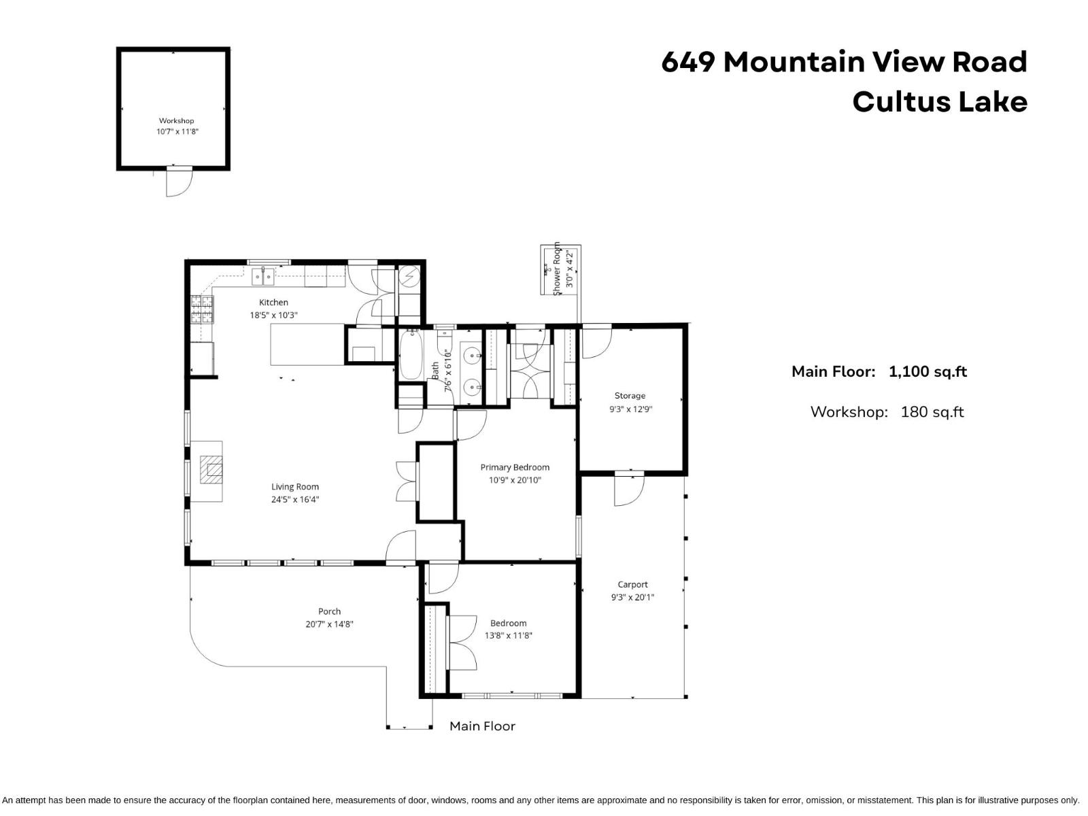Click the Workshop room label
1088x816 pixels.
click(177, 121)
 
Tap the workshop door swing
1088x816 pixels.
click(179, 183)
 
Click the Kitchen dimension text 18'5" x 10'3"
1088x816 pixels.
click(273, 316)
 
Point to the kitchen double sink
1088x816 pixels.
click(263, 277)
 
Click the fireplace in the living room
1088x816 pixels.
click(211, 470)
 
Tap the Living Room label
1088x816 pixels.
click(295, 487)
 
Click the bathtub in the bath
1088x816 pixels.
click(411, 354)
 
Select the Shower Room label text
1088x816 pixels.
click(557, 268)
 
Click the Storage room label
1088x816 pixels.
click(630, 396)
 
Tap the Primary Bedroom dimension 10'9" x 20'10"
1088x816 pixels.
click(515, 480)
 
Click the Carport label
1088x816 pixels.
click(632, 585)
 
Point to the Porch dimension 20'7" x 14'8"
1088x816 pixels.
click(329, 624)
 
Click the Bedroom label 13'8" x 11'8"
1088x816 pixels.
click(508, 630)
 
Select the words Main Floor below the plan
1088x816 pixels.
click(482, 726)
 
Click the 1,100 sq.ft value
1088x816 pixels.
click(928, 372)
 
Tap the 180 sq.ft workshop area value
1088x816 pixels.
click(932, 412)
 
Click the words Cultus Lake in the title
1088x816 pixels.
click(939, 102)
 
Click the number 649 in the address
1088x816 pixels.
click(687, 62)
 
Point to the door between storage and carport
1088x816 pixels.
click(628, 488)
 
